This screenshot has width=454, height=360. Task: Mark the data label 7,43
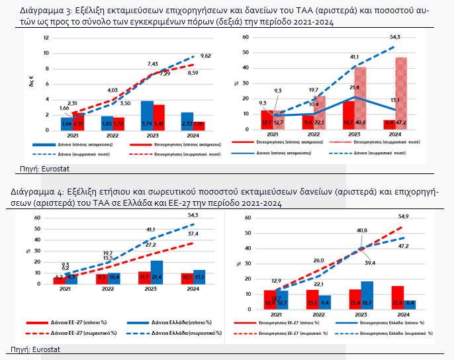click(x=152, y=64)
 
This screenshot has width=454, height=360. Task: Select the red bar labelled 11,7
click(x=144, y=277)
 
